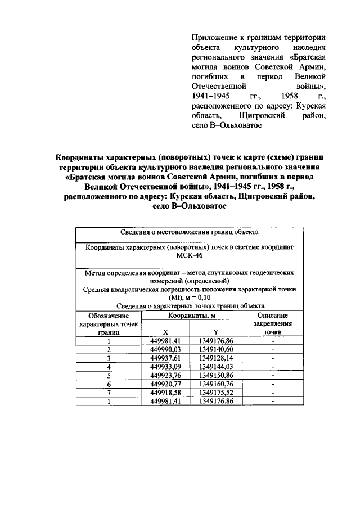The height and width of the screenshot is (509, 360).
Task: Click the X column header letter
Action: [165, 332]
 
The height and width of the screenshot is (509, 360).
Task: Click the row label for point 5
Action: [109, 375]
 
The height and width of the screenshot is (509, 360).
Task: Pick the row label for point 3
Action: [109, 357]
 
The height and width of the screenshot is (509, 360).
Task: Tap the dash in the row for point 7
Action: [273, 393]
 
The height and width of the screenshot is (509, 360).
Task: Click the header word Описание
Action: [273, 316]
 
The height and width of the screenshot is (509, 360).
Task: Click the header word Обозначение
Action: [108, 316]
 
